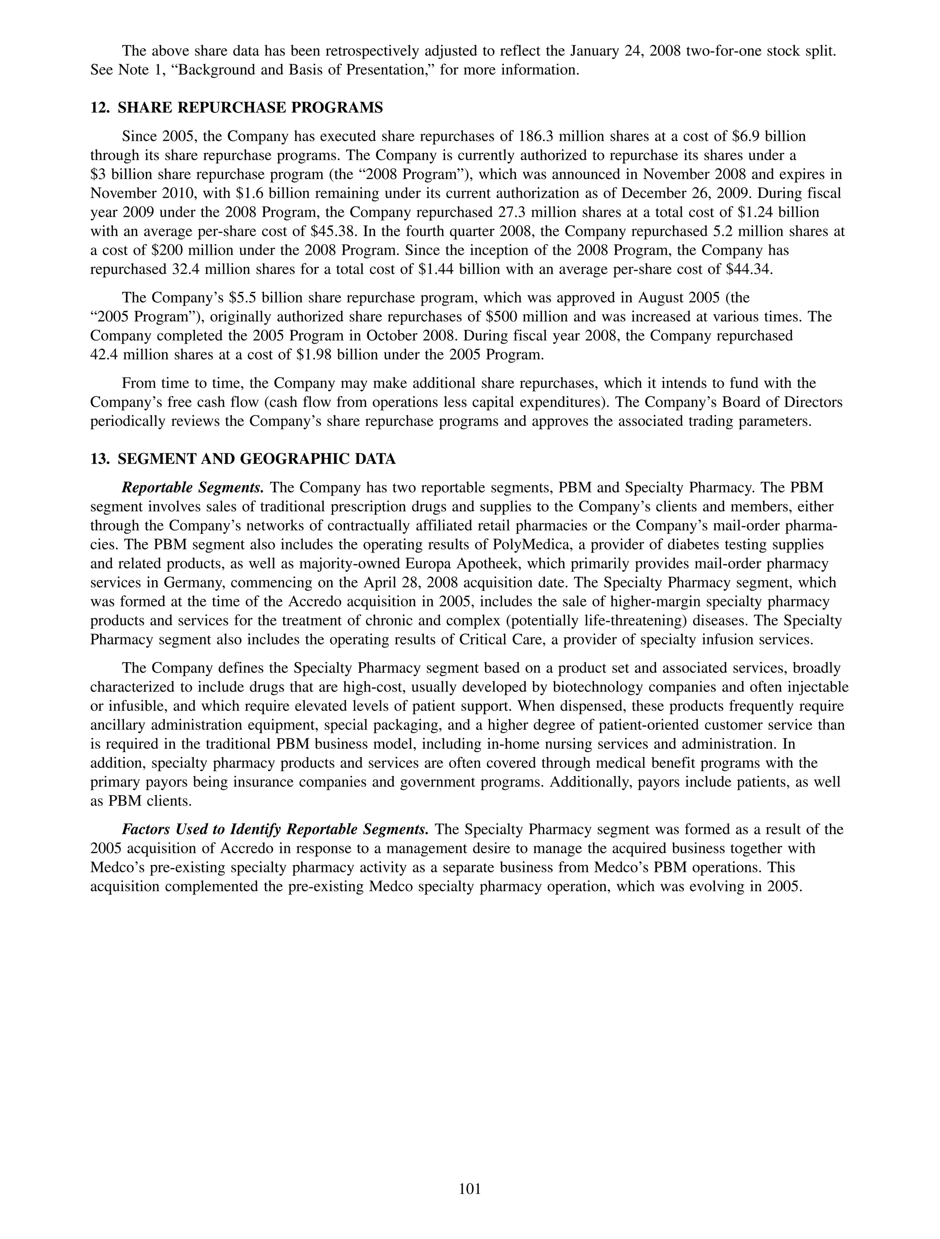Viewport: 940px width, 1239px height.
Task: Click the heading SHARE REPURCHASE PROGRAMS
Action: click(x=251, y=108)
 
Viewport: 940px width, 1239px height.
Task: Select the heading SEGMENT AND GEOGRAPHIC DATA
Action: click(x=257, y=459)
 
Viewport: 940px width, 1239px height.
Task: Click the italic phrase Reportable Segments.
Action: click(x=193, y=488)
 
